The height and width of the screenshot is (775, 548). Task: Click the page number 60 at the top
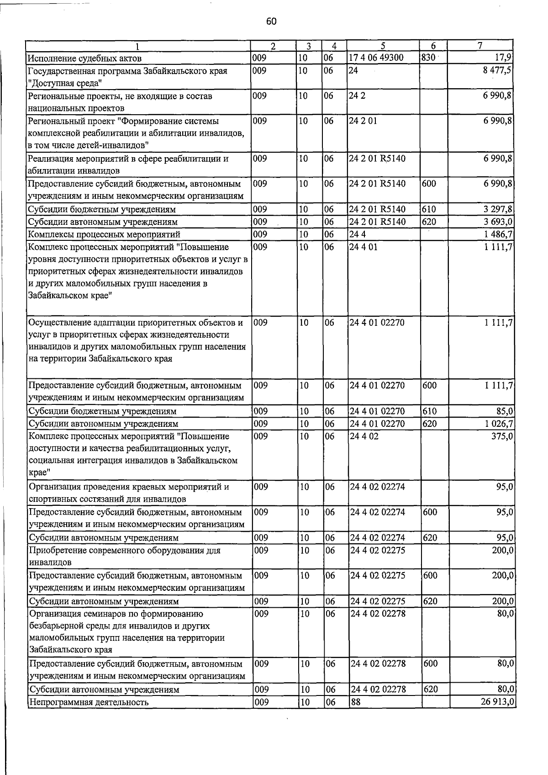click(271, 21)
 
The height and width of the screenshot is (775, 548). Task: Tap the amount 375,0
click(501, 436)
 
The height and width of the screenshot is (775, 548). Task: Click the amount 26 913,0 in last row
click(497, 702)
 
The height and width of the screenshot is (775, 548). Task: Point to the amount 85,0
click(504, 411)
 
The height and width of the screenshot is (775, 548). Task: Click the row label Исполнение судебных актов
click(84, 58)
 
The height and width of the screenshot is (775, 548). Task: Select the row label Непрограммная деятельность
click(89, 702)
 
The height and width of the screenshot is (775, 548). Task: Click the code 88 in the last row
click(356, 702)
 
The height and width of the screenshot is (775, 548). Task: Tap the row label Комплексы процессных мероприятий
click(104, 234)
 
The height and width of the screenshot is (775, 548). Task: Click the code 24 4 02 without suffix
click(364, 436)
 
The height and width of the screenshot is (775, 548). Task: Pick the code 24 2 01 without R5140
click(363, 122)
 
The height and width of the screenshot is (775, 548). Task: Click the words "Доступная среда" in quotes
click(64, 83)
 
